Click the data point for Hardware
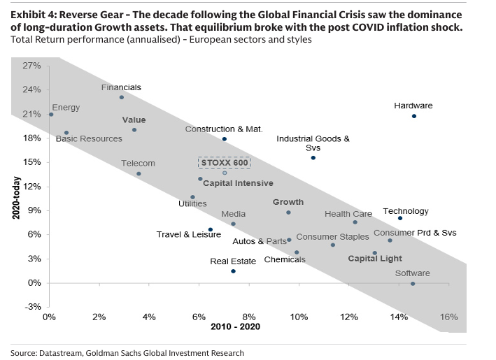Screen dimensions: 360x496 point(413,116)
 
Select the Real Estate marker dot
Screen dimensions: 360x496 point(233,271)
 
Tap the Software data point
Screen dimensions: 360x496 point(413,284)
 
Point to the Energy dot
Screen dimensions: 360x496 point(51,115)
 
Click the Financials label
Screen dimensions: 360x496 point(121,87)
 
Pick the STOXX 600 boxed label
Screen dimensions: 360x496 point(224,162)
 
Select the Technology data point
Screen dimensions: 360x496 point(400,218)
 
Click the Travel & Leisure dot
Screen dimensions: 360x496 point(210,229)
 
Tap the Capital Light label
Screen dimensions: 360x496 point(376,259)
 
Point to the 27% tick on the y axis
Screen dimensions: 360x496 point(32,66)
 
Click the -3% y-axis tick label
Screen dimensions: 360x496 point(32,307)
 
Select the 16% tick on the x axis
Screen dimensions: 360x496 point(448,317)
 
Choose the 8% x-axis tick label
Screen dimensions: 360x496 point(249,317)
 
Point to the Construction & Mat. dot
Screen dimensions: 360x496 point(224,139)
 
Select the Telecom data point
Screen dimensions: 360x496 point(139,173)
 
